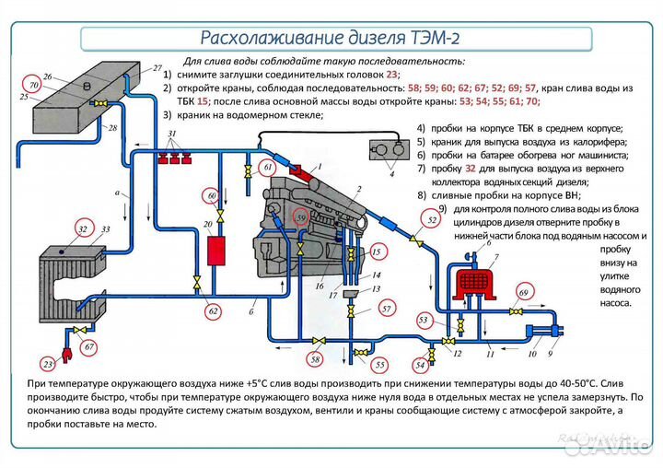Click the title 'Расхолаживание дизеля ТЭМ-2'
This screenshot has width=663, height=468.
(331, 38)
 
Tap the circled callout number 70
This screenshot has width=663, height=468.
(33, 86)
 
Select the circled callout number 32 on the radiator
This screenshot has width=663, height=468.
(83, 228)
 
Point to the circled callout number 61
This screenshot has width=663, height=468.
(266, 168)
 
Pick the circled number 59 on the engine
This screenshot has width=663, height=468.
(300, 217)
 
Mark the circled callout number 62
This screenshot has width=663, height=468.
(214, 311)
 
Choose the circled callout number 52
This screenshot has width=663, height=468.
(430, 219)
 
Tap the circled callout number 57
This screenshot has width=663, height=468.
(387, 309)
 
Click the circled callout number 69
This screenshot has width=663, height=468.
(524, 294)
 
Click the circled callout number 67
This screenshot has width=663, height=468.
(89, 347)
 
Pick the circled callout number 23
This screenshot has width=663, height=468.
(48, 365)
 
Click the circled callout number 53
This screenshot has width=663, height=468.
(425, 320)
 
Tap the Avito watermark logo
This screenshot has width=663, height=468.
(612, 445)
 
